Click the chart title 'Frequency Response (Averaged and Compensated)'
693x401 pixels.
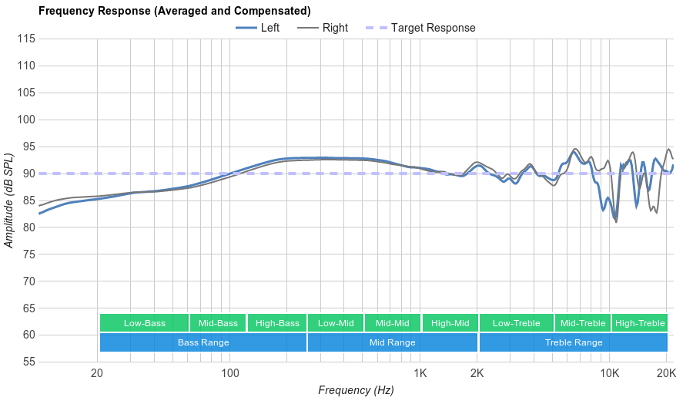click(x=174, y=11)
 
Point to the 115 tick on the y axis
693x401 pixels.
click(x=27, y=39)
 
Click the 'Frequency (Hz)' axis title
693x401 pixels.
click(x=356, y=390)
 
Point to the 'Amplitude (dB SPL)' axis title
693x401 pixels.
click(x=10, y=200)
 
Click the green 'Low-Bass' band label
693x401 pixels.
click(x=144, y=323)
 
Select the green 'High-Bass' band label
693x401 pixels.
click(x=277, y=323)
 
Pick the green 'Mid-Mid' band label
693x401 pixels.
click(x=393, y=323)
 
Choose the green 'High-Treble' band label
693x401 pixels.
click(x=640, y=323)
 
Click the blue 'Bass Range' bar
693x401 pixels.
click(x=203, y=342)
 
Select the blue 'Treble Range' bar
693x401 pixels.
click(x=574, y=342)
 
